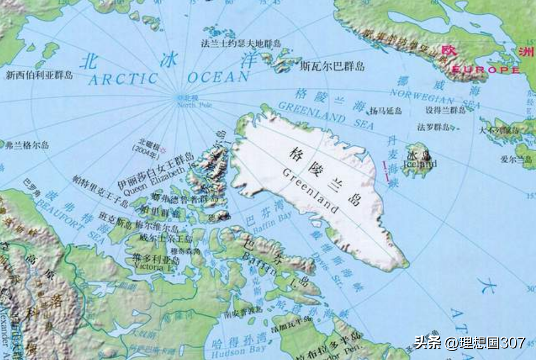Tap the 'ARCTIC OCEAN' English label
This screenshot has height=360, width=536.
(168, 78)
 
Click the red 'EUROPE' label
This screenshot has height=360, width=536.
(486, 70)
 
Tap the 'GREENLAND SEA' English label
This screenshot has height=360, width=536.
(320, 113)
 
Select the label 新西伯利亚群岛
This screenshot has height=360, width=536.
(39, 74)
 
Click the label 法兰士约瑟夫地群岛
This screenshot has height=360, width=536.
(241, 43)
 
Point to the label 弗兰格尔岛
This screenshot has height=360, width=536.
(27, 145)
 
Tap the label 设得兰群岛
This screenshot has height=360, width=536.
(445, 111)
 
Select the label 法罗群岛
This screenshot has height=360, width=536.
(434, 127)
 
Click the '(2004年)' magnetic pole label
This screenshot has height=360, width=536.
(145, 149)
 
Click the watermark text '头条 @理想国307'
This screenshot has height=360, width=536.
(469, 342)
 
